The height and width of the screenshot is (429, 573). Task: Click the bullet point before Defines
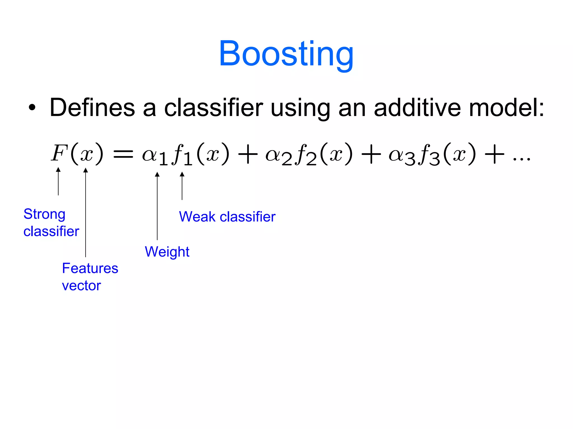click(x=32, y=108)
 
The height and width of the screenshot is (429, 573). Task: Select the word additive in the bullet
click(x=417, y=108)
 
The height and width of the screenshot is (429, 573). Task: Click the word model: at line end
click(x=506, y=108)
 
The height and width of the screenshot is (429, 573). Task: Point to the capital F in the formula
click(x=59, y=153)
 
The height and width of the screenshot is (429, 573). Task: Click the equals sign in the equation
click(x=123, y=154)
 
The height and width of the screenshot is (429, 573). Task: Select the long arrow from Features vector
click(x=86, y=213)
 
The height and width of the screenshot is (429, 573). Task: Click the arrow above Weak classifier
click(x=182, y=186)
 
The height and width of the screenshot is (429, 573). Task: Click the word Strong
click(x=44, y=214)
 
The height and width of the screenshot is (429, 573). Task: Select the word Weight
click(x=167, y=252)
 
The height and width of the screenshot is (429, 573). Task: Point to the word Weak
click(x=197, y=217)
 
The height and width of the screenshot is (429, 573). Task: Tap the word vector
click(x=81, y=286)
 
